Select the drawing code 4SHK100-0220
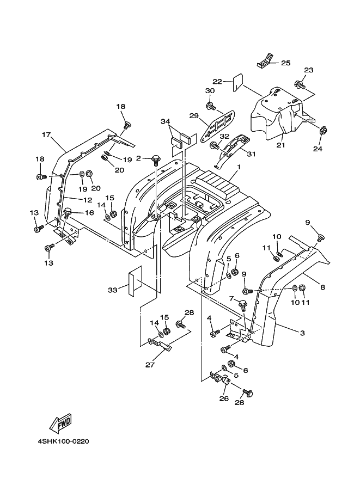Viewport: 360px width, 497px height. pos(63,441)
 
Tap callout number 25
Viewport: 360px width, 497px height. pos(286,63)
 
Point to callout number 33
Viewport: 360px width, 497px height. pos(112,290)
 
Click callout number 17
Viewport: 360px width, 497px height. pos(46,134)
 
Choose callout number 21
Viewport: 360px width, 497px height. pos(281,145)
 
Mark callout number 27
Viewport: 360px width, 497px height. pos(150,365)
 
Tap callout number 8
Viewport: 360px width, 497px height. pos(323,287)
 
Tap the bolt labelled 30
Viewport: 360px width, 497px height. pos(210,104)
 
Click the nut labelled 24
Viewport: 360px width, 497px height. pos(322,131)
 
